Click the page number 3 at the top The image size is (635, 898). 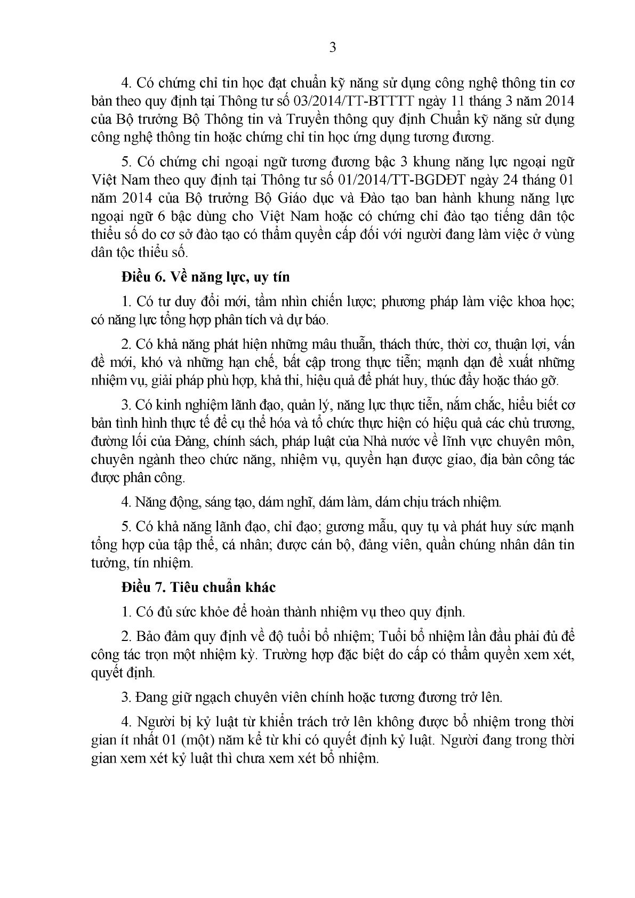[333, 47]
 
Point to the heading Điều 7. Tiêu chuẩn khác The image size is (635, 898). [198, 588]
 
